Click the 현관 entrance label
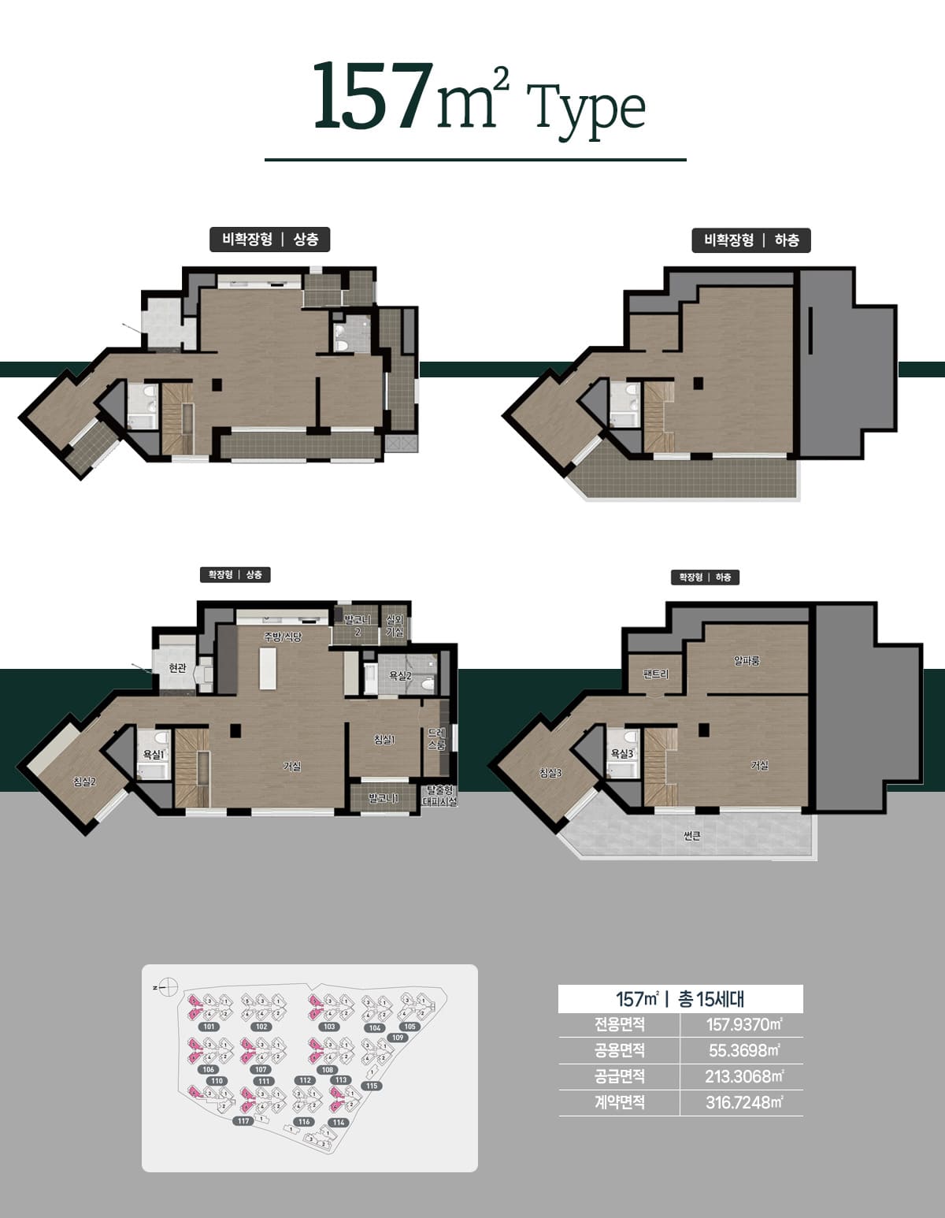click(177, 668)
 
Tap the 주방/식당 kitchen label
click(283, 636)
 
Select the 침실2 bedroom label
click(84, 781)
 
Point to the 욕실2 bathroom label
click(400, 675)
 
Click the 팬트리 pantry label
click(655, 674)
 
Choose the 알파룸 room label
click(747, 661)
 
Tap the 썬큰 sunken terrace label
click(692, 836)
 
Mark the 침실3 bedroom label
click(550, 773)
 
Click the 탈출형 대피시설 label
click(439, 795)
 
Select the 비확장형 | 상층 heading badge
click(269, 240)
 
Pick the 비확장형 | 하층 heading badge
click(751, 240)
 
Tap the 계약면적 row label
click(619, 1102)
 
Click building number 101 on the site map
click(209, 1027)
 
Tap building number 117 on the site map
click(243, 1120)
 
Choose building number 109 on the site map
click(398, 1038)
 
